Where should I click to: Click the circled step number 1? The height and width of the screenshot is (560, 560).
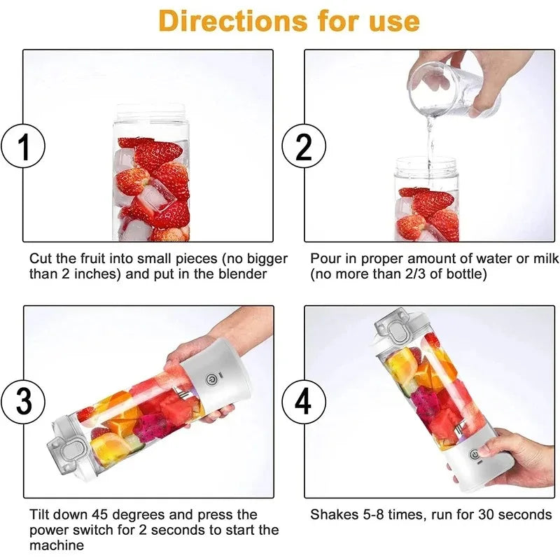tap(24, 148)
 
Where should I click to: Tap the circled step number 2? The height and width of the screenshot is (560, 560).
tap(303, 148)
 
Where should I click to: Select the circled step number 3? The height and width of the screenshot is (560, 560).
tap(24, 402)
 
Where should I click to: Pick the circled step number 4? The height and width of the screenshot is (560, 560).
tap(303, 402)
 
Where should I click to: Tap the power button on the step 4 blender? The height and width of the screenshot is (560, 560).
tap(475, 455)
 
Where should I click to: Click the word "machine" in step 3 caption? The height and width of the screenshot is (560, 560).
tap(57, 545)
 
